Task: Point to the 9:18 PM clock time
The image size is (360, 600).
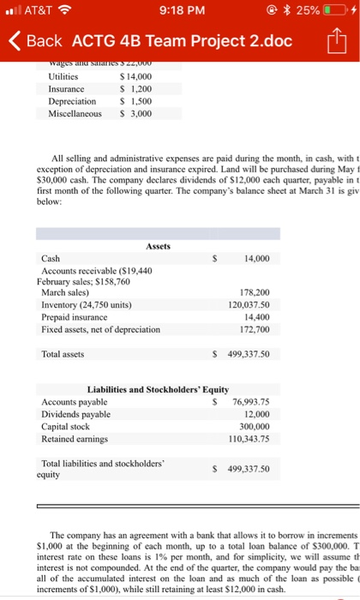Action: click(x=180, y=12)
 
